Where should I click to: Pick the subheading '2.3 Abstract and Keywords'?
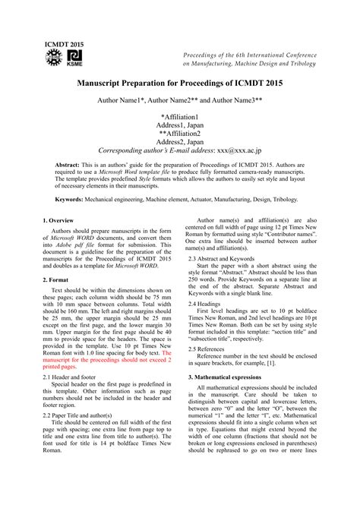[x=227, y=257]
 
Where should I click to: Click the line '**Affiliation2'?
[x=180, y=133]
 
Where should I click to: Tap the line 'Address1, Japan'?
[x=180, y=125]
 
